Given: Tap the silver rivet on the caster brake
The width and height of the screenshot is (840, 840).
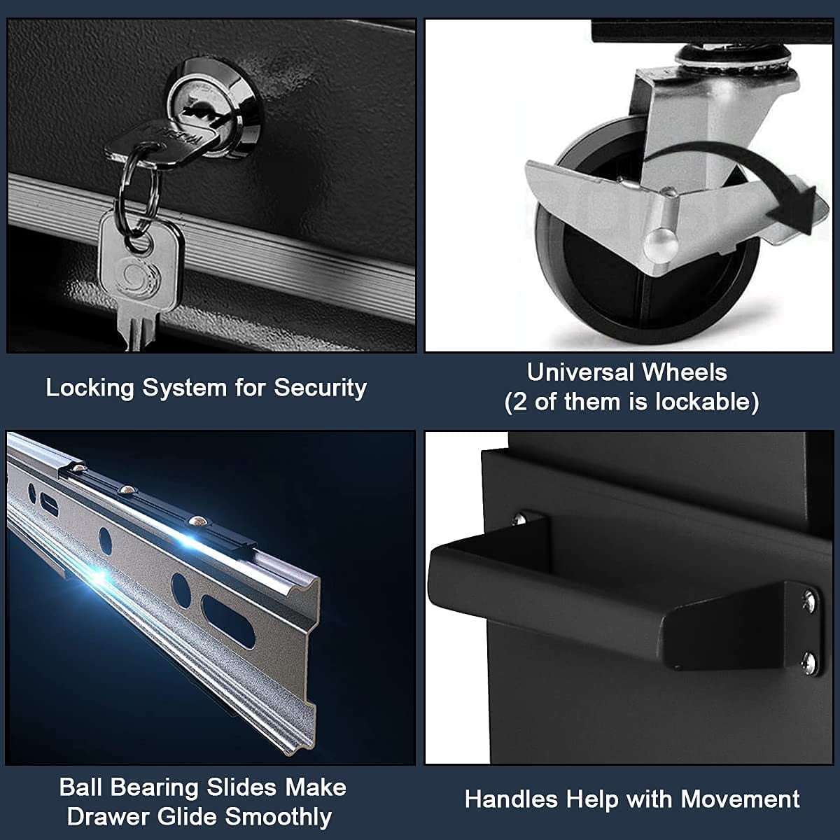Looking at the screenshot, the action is coord(661,243).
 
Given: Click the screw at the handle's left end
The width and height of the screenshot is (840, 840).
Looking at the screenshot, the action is coord(519,519).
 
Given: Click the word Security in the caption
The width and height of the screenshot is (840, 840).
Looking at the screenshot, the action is coord(320,388).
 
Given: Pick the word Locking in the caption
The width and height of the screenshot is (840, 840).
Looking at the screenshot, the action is coord(90,388).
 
